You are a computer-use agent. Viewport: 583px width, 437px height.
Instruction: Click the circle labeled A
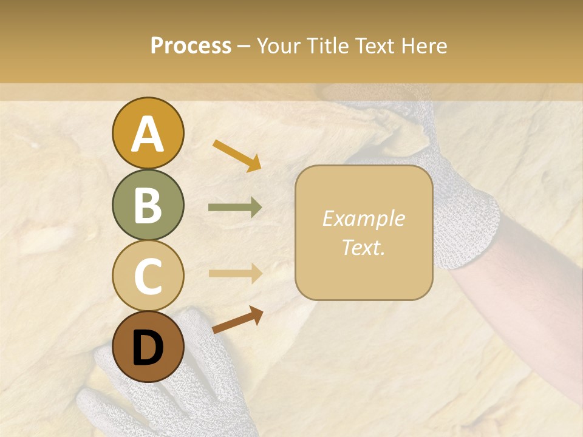(148, 134)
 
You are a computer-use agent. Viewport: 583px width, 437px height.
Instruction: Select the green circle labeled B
(148, 205)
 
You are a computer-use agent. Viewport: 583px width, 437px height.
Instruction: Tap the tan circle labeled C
(148, 276)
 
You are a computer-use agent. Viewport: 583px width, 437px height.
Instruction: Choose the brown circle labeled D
(148, 347)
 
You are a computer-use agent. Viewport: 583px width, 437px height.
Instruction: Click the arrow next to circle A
(237, 155)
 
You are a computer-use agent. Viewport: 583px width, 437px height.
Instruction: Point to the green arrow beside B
(235, 208)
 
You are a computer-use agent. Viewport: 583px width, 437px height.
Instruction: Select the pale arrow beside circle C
(235, 273)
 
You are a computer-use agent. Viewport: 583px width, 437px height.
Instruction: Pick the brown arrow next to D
(237, 320)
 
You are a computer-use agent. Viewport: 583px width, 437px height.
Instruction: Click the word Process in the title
(191, 46)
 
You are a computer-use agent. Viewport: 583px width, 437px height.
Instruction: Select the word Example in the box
(363, 218)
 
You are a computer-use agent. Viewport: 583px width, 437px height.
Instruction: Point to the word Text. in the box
(363, 247)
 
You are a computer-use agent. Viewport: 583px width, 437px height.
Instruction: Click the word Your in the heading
(279, 46)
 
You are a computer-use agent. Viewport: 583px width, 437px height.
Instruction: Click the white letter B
(148, 205)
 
